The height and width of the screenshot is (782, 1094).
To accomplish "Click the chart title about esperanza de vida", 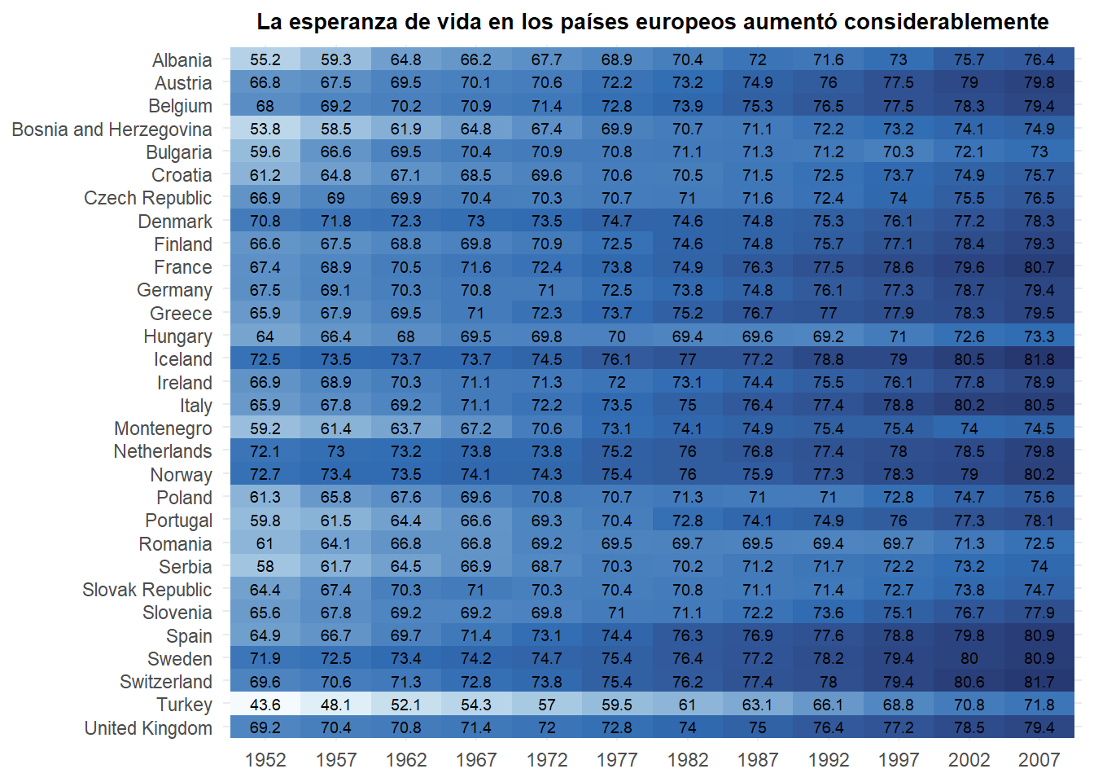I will tap(652, 22).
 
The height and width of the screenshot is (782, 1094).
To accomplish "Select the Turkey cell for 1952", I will tap(265, 705).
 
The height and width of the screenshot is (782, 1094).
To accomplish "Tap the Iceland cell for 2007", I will tap(1039, 359).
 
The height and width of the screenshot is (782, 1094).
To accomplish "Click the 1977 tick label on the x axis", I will tap(617, 760).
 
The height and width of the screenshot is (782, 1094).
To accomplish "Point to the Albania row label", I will tap(182, 60).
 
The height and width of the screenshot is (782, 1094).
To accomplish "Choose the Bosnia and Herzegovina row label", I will tap(112, 130).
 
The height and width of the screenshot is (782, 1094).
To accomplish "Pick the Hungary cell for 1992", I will tap(828, 336).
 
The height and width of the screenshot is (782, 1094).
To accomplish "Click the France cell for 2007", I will tap(1039, 267).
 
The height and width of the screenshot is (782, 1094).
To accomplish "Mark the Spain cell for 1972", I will tap(547, 635).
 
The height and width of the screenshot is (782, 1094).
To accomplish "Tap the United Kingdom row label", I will tap(148, 728).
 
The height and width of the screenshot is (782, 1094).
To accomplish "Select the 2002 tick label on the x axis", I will tap(969, 760).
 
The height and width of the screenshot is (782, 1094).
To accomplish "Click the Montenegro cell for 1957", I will tap(336, 428).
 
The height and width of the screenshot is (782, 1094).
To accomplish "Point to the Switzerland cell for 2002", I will tap(969, 682).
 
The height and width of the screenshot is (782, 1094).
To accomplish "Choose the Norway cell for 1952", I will tap(265, 474).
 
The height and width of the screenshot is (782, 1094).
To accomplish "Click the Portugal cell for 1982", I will tap(688, 521).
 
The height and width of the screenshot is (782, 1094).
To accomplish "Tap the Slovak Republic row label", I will tap(147, 590).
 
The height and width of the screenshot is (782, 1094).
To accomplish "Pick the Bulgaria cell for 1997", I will tap(899, 152).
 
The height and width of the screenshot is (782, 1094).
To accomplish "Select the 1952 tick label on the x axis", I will tap(265, 760).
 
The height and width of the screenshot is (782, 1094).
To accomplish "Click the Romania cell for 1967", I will tap(476, 543).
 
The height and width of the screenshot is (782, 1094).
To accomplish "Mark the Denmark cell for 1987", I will tap(758, 221).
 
